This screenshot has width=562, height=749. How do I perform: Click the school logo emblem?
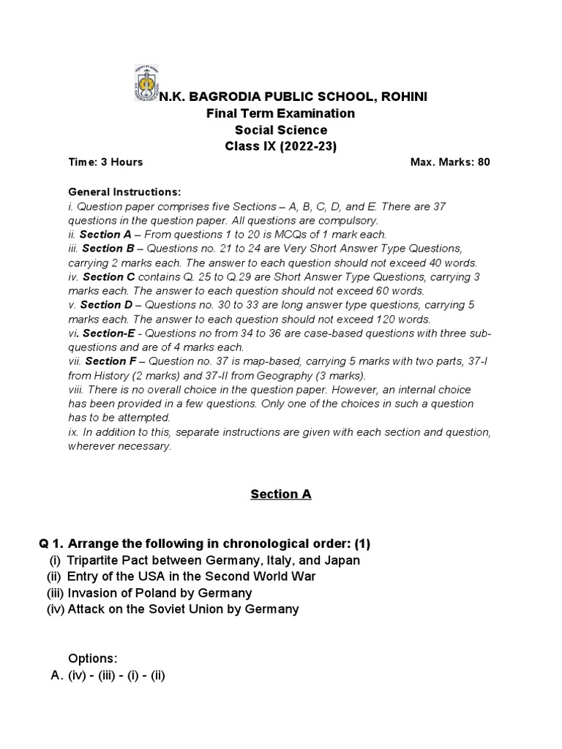click(146, 84)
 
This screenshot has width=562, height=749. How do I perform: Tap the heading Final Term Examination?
click(281, 113)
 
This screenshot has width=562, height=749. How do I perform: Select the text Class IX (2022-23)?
click(280, 146)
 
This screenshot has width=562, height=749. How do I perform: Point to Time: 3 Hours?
click(105, 162)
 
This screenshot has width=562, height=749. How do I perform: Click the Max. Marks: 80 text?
click(450, 162)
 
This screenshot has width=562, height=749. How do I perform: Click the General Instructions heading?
click(124, 192)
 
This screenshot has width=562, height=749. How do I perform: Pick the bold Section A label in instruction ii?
click(105, 235)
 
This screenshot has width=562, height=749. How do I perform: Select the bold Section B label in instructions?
click(108, 249)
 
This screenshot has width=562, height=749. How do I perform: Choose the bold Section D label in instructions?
click(106, 305)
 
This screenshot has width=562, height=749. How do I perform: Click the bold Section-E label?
click(108, 334)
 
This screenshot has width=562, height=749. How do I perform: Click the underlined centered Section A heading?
click(281, 494)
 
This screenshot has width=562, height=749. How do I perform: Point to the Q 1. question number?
click(53, 543)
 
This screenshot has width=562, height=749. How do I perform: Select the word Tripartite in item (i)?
click(92, 560)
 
